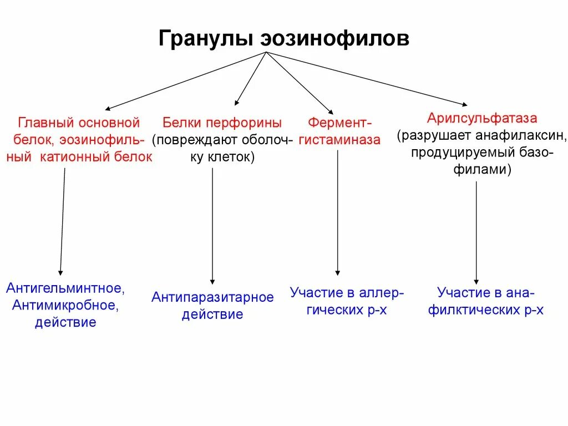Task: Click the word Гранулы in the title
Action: point(205,39)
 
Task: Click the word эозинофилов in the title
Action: point(333,39)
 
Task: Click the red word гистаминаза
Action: point(339,140)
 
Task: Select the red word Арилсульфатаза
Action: point(482,118)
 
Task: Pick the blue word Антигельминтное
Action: point(65,288)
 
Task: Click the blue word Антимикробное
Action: point(65,305)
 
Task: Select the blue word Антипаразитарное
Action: point(212,297)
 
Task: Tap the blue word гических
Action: point(327,310)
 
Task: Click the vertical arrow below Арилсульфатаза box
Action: point(476,233)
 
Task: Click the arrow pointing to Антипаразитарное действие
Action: point(212,227)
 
